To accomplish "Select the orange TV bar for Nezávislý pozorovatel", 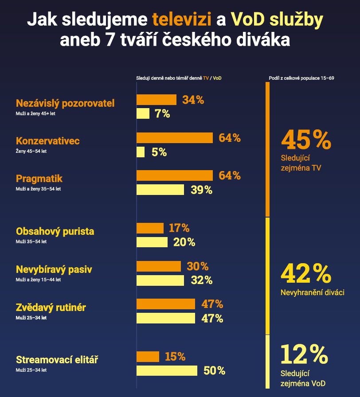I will coord(156,100).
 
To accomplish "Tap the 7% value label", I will coord(162,114).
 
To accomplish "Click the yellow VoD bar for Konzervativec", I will coord(140,152).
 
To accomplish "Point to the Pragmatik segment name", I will coord(39,179).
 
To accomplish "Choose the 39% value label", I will coord(202,190).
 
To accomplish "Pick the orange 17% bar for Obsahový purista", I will coord(150,228).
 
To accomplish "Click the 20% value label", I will coord(184,242).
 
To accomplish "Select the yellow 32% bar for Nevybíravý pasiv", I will coord(160,280).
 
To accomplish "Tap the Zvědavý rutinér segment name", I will coord(51,307).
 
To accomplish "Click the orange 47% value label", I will coord(212,304).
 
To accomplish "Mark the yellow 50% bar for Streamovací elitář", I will coord(166,370).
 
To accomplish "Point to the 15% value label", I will coord(175,357).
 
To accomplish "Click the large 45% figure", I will coord(306,140).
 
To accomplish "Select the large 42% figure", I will coord(306,273).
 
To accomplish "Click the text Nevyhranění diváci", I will coord(313,292).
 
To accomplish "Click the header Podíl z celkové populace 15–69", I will coord(301,78).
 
